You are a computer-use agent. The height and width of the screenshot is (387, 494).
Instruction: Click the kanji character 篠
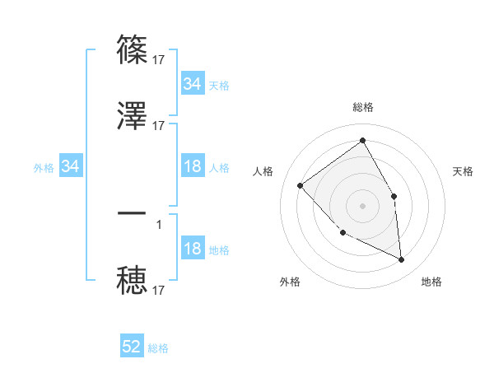[133, 51]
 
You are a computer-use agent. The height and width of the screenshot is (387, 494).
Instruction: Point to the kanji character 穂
[133, 279]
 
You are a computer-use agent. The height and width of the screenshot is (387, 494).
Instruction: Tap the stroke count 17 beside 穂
[159, 290]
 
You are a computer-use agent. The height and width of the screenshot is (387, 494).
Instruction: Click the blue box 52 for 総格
[132, 347]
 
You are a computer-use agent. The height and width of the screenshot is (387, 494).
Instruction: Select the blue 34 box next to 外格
[71, 166]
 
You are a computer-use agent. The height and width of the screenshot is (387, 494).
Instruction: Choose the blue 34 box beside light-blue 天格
[192, 84]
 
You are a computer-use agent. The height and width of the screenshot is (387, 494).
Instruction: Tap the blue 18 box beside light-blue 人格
[192, 166]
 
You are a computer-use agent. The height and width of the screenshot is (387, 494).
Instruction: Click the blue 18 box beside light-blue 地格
[192, 249]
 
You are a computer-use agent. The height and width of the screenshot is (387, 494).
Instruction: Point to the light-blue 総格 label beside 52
[158, 348]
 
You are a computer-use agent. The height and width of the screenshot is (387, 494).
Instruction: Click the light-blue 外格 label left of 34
[44, 167]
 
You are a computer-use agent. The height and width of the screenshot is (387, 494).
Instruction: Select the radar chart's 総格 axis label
[363, 107]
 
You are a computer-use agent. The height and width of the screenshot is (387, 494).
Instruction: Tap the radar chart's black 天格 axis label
[464, 171]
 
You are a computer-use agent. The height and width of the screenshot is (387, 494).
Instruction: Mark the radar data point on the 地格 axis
[402, 260]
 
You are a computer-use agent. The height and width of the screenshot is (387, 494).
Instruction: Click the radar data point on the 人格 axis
[301, 186]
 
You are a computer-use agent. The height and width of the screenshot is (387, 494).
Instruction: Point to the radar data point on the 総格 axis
[363, 140]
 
